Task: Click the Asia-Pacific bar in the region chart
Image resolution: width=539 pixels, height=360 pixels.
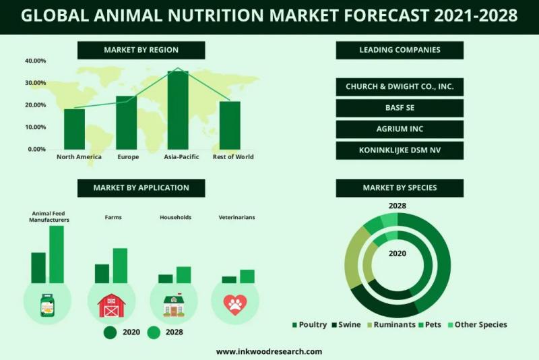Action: tap(178, 110)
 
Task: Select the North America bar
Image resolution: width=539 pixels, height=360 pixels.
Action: tap(74, 129)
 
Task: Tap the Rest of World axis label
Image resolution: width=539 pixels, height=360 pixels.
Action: tap(233, 157)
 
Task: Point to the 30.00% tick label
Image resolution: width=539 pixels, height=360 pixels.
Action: tap(35, 83)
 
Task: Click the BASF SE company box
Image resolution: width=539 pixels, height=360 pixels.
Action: tap(400, 108)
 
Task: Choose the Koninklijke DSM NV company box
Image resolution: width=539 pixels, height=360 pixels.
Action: tap(400, 150)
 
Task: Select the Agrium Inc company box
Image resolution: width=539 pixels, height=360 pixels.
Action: tap(400, 129)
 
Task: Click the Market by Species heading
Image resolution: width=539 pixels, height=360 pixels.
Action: tap(400, 187)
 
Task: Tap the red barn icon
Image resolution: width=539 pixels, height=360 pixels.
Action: tap(111, 305)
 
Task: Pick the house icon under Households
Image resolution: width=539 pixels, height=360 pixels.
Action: tap(174, 305)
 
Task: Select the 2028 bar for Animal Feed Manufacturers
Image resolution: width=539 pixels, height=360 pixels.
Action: tap(57, 254)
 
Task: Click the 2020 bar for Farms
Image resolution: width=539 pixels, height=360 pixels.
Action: tap(102, 274)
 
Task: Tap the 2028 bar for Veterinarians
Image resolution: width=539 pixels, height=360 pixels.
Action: tap(247, 276)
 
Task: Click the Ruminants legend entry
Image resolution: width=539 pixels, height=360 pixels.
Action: tap(391, 324)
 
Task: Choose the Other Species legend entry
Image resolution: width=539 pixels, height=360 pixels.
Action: tap(478, 324)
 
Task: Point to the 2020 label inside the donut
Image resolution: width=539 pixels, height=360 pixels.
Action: tap(398, 253)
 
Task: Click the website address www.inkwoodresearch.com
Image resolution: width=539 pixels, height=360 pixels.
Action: tap(269, 352)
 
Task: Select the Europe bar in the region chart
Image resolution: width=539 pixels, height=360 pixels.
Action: tap(126, 123)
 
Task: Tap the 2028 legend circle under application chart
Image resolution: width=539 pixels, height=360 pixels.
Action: tap(154, 332)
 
